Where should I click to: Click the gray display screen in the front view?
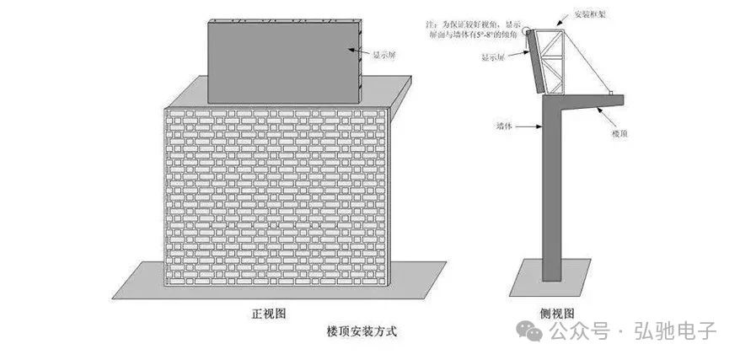coord(283,63)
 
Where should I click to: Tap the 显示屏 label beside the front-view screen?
coord(384,54)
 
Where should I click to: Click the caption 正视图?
coord(269,313)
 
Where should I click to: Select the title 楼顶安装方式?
coord(362,331)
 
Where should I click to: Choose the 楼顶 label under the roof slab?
coord(619,134)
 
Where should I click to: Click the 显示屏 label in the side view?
coord(493,57)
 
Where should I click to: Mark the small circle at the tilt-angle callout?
coord(527,32)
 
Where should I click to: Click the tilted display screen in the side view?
coord(536,63)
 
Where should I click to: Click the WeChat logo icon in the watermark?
coord(532,330)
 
